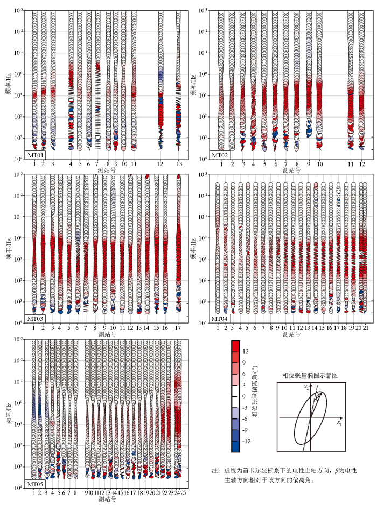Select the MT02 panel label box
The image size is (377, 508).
click(x=220, y=155)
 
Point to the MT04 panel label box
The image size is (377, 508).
click(x=220, y=319)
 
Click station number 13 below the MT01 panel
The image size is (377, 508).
click(x=179, y=164)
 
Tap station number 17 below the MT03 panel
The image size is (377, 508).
click(x=178, y=328)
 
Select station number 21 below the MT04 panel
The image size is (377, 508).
click(x=365, y=328)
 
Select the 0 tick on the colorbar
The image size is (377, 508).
click(x=244, y=396)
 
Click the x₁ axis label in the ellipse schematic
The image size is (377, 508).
click(x=339, y=423)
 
